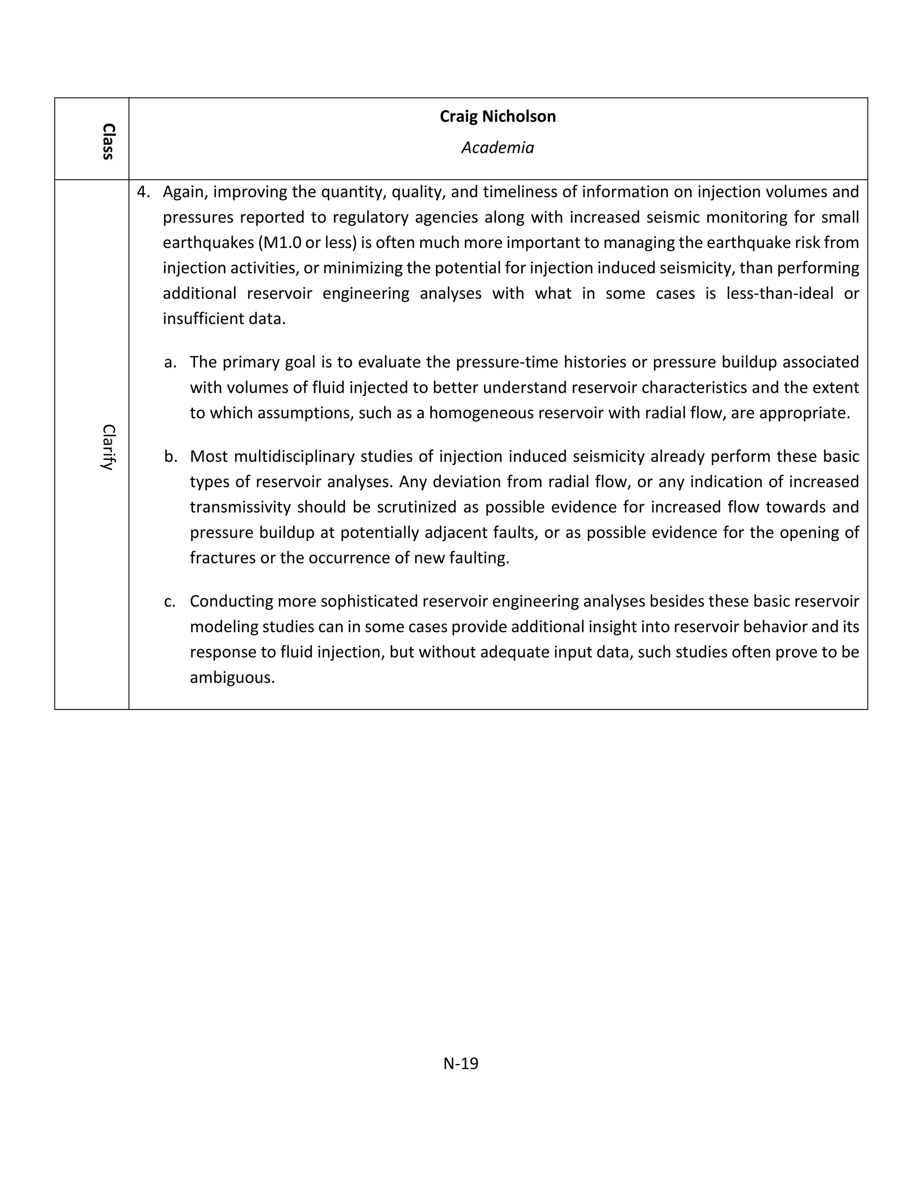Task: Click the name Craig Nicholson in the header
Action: [497, 116]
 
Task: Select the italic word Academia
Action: [497, 148]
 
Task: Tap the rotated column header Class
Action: [108, 141]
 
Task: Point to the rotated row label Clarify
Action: [108, 447]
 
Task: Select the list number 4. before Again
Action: [143, 192]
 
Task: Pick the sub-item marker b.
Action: [171, 456]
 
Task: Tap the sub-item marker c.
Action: [170, 601]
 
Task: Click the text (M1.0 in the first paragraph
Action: [280, 243]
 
